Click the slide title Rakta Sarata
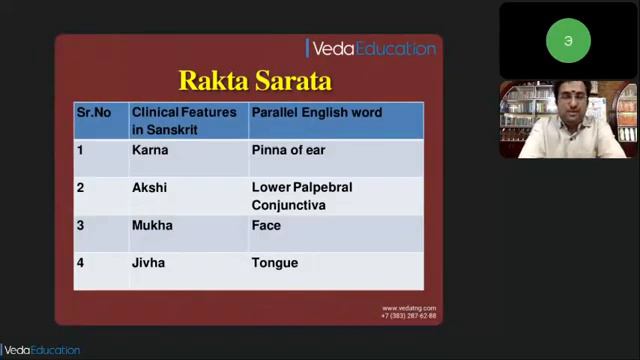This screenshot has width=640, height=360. [254, 80]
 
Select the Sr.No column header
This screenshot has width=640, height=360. [93, 112]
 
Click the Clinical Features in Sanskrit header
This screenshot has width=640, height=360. [184, 120]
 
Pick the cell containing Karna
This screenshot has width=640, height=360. [150, 150]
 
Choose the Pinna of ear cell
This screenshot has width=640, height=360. [288, 150]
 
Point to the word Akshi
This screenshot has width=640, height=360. [149, 187]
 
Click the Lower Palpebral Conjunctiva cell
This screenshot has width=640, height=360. [302, 196]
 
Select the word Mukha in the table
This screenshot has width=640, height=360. [152, 225]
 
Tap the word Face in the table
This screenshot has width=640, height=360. [266, 225]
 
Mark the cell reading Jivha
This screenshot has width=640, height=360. [148, 263]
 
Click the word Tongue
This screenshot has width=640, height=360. [274, 263]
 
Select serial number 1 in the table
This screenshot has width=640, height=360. [80, 150]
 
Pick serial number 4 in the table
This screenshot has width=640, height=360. [81, 263]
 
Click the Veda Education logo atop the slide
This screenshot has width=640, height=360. [372, 48]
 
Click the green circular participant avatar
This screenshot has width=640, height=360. [568, 41]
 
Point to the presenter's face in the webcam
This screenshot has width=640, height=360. [566, 104]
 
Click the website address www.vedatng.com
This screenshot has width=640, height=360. [409, 308]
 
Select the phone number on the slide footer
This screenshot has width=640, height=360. [409, 315]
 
